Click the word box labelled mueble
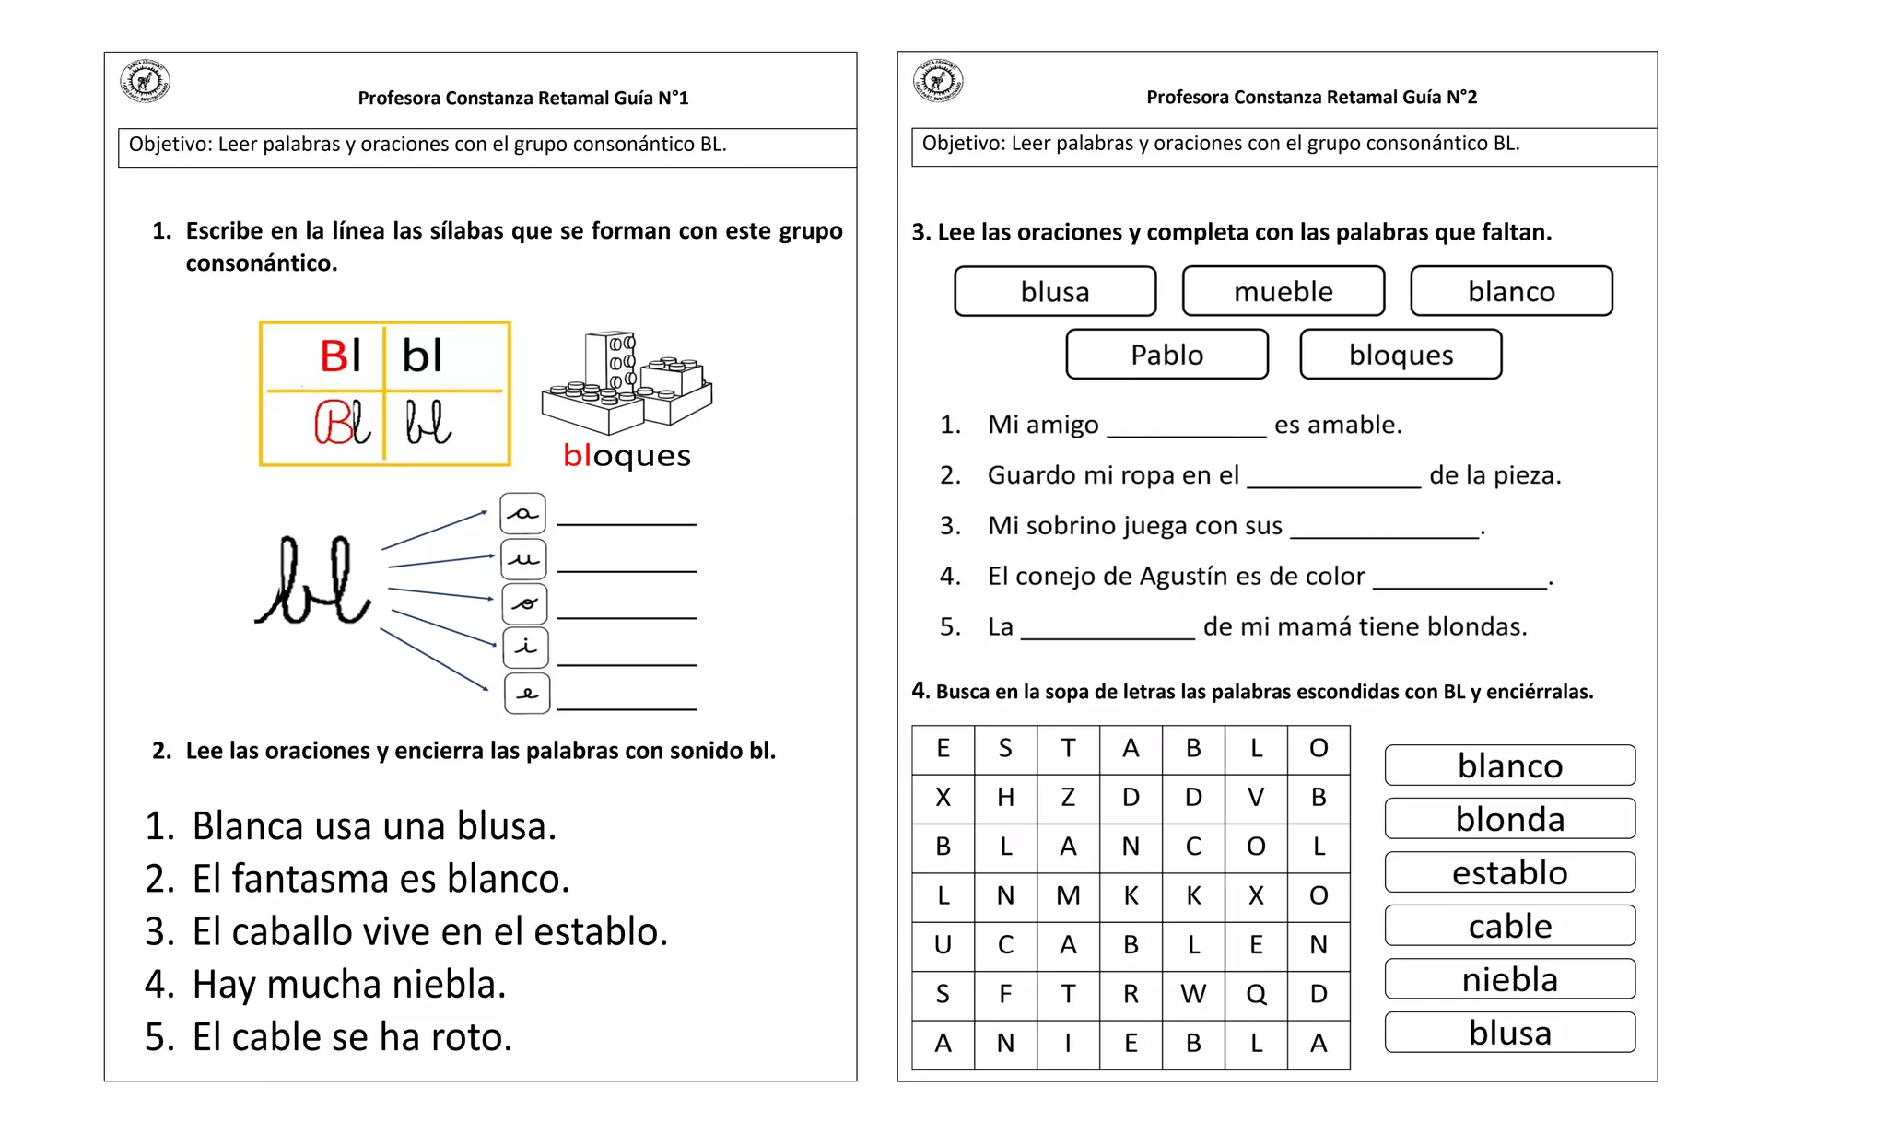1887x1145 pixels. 1283,292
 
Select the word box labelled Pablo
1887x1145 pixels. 1166,355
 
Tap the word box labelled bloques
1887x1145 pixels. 1401,355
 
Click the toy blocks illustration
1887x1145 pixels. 627,383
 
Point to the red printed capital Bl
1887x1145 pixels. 340,356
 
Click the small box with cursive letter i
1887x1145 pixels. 525,648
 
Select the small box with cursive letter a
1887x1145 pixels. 522,514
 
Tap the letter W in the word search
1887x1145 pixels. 1193,994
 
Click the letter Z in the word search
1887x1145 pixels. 1068,797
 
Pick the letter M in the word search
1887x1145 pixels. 1068,895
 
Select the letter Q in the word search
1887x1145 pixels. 1256,994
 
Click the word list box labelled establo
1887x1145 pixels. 1509,872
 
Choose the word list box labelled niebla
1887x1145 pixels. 1509,979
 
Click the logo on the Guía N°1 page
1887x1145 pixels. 145,81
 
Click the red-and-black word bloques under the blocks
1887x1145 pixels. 627,455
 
